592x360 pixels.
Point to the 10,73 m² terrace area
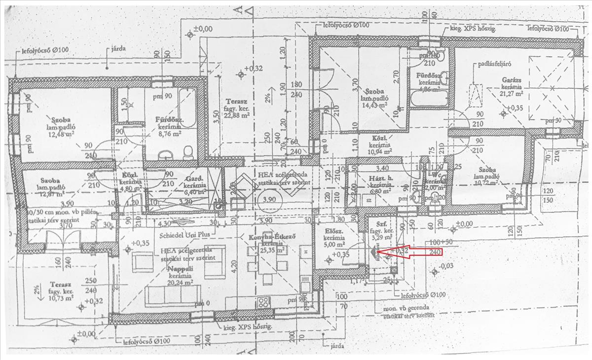61,298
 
